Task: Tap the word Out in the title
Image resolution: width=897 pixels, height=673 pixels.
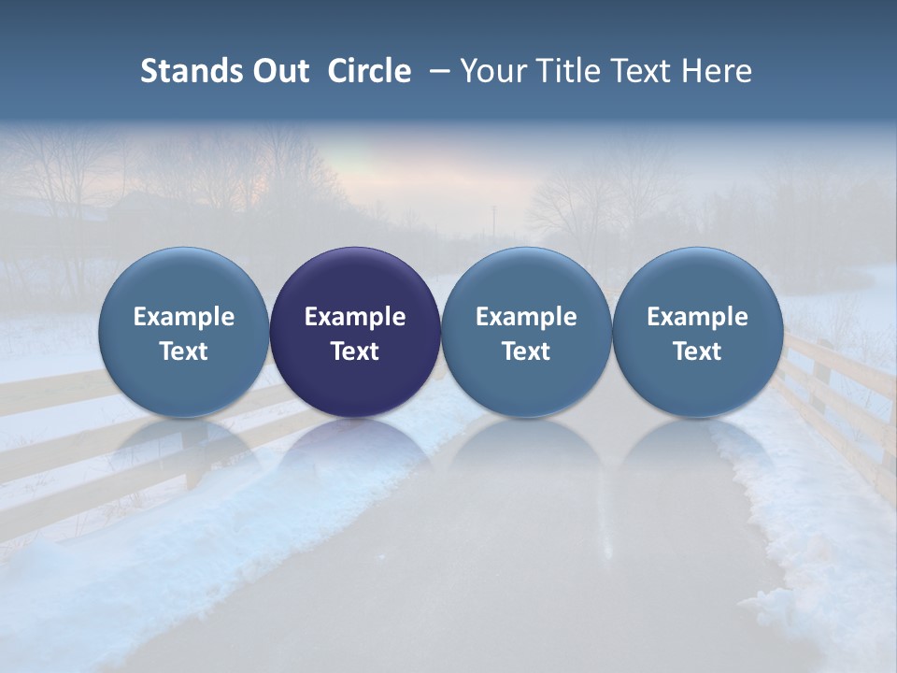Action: [x=278, y=71]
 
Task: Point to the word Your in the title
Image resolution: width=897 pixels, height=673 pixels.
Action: [x=491, y=71]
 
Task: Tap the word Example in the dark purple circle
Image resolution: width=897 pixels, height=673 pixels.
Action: [x=355, y=318]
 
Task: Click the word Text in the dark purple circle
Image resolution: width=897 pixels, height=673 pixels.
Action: [x=355, y=352]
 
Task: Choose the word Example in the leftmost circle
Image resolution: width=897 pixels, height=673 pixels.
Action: [x=184, y=318]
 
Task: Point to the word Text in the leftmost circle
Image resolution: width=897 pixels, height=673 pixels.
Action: [x=184, y=352]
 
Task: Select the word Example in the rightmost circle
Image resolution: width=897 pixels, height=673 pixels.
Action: [x=697, y=318]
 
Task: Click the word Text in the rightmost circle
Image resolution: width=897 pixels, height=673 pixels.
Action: [x=697, y=352]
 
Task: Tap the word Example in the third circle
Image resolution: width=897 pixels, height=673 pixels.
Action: [x=526, y=318]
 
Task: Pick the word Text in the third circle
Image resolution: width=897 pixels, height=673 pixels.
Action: [x=526, y=352]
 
